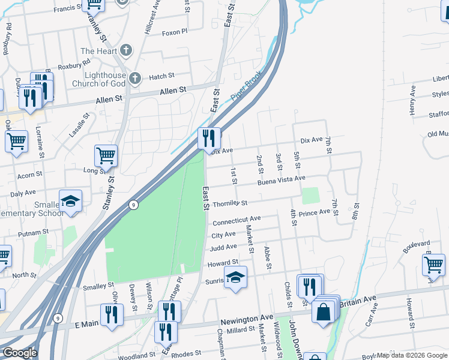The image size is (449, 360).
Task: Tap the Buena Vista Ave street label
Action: point(282,179)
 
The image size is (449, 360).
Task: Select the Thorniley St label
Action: point(230,204)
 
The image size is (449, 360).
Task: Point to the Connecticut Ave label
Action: point(237,220)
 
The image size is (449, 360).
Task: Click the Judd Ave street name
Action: point(223,247)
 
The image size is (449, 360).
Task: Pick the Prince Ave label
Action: point(315,212)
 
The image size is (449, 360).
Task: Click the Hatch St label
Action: point(161,76)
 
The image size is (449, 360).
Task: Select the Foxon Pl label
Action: point(175,32)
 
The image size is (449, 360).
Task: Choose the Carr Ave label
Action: point(372,315)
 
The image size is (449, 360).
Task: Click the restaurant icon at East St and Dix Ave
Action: point(209,139)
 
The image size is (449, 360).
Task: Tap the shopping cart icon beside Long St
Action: point(106,155)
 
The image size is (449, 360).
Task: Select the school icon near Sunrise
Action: point(235,278)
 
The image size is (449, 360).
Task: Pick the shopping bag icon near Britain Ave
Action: point(323,311)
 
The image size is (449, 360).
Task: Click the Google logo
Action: point(20,353)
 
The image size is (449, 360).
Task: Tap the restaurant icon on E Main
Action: point(112,314)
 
